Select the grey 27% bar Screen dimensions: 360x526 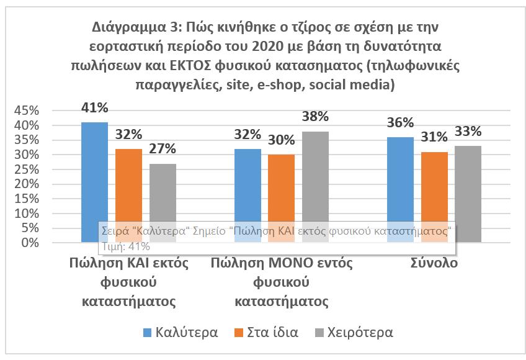pos(163,192)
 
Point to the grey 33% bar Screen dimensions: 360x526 pos(468,193)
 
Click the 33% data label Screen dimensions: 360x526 pos(468,131)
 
